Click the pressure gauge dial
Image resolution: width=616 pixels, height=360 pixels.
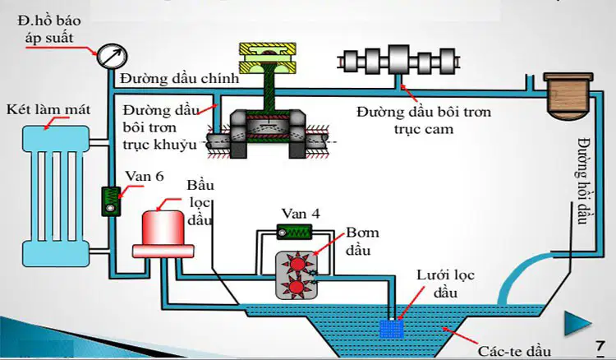(112, 56)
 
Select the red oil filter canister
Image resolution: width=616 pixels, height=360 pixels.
(163, 234)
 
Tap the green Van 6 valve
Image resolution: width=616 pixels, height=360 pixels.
(111, 201)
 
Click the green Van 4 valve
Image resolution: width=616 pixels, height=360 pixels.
(294, 233)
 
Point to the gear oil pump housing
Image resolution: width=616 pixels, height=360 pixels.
(297, 275)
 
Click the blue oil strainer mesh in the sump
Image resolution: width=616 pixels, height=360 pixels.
(392, 329)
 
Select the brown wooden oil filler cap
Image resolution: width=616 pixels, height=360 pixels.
(568, 96)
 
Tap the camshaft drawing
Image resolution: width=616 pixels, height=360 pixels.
(398, 61)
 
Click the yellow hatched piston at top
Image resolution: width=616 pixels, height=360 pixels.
(268, 58)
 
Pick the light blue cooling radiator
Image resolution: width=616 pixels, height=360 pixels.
(56, 196)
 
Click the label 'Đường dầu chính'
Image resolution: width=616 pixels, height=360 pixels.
(180, 79)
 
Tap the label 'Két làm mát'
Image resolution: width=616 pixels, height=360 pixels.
(48, 109)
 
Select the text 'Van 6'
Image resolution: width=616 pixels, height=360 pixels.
(145, 176)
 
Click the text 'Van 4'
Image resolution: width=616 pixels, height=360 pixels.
(301, 214)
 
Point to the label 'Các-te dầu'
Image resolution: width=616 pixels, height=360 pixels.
(515, 350)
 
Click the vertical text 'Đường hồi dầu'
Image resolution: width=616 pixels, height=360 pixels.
(585, 181)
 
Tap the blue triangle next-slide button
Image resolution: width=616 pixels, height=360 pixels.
(577, 323)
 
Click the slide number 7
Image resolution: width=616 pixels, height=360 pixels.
(600, 346)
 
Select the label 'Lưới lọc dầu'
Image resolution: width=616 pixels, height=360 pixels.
(445, 284)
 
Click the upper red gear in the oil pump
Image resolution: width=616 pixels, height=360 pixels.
(297, 262)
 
